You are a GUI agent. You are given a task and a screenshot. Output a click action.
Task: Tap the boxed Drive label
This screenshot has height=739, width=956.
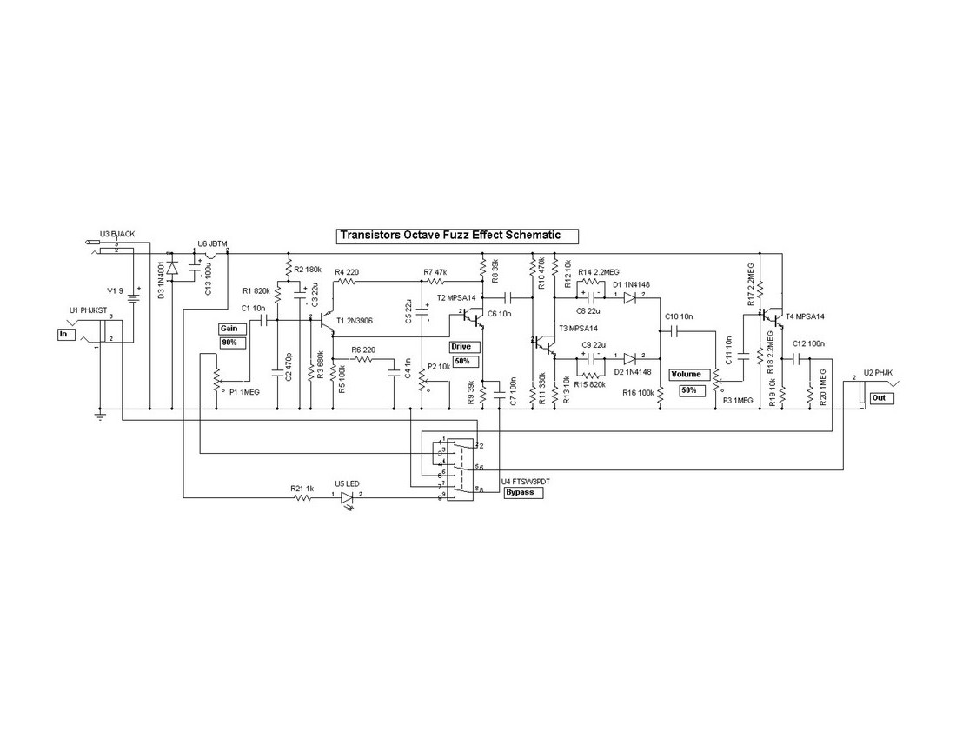tap(461, 347)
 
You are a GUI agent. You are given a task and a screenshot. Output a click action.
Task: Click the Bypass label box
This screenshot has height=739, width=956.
tap(523, 492)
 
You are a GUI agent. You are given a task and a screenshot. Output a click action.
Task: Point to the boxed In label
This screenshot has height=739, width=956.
tap(67, 334)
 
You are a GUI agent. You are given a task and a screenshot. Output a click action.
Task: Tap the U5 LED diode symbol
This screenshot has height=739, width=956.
tap(349, 498)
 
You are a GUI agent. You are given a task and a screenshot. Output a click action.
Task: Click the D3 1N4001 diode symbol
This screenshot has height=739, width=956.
tap(170, 267)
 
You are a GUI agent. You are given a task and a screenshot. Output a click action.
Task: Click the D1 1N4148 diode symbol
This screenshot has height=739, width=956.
tap(629, 297)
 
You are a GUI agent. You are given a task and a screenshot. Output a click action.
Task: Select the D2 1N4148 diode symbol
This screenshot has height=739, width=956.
tap(629, 357)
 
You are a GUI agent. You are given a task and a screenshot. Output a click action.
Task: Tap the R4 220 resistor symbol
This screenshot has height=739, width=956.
tap(345, 282)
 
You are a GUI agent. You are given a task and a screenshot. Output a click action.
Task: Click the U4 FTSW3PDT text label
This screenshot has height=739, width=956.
tap(525, 481)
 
